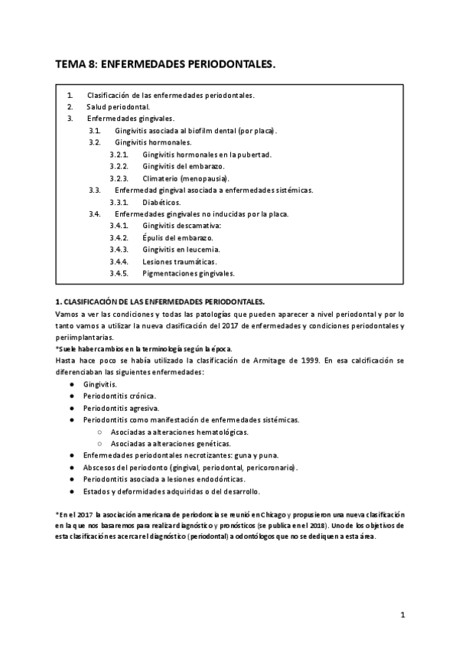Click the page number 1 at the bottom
tap(402, 615)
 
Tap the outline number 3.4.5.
tap(122, 273)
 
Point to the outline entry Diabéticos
tap(161, 202)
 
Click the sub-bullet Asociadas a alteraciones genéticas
tap(171, 443)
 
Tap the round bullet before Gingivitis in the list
tap(71, 384)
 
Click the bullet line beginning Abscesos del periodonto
tap(191, 467)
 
